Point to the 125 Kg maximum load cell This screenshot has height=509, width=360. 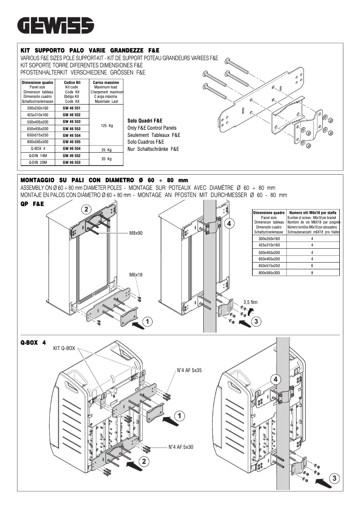tap(106, 125)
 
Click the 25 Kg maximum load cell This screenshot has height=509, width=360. tap(106, 149)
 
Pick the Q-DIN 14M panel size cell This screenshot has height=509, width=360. tap(38, 155)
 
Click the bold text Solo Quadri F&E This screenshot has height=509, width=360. tap(145, 121)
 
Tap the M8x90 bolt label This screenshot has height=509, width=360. tap(136, 233)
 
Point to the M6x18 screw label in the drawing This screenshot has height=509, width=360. tap(136, 274)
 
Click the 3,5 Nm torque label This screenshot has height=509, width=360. tap(250, 302)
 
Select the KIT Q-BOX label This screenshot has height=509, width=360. tap(64, 348)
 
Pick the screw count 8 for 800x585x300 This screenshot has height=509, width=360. tap(312, 272)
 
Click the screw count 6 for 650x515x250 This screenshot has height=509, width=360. tap(312, 266)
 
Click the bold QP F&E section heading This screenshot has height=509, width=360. tap(32, 203)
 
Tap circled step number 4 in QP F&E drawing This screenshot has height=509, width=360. tap(228, 223)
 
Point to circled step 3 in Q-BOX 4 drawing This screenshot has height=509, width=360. tap(336, 478)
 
